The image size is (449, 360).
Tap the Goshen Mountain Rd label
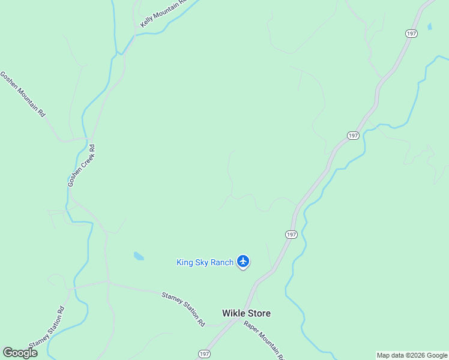(x=23, y=94)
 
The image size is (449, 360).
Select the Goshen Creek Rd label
(x=82, y=165)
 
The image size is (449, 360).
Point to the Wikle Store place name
(x=246, y=313)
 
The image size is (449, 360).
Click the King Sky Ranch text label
(x=205, y=262)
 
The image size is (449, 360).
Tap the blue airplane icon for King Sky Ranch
(x=243, y=261)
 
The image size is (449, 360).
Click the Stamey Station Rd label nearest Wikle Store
(x=184, y=309)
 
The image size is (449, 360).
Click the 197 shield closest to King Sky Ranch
(x=291, y=234)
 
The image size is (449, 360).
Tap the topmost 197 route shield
(x=411, y=34)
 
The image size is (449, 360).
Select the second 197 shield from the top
(x=353, y=136)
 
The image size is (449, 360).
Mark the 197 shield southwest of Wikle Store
(x=205, y=355)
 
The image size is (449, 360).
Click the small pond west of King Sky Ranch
(x=139, y=256)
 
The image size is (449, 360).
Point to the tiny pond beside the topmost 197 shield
(x=429, y=27)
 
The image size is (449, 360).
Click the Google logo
(x=20, y=353)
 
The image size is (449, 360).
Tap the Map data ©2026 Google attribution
(x=412, y=355)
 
